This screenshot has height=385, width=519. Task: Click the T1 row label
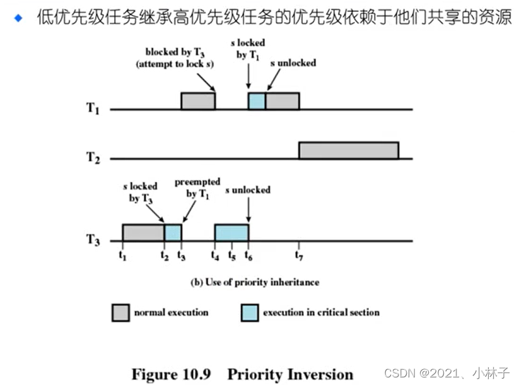(x=93, y=109)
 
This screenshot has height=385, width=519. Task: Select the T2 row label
(x=93, y=158)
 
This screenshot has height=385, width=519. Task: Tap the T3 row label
(x=93, y=240)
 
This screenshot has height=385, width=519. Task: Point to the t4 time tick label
(x=216, y=255)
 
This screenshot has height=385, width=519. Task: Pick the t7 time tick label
(x=299, y=255)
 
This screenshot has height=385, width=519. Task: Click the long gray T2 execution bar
(x=348, y=151)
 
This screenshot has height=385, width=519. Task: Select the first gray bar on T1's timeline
(x=198, y=101)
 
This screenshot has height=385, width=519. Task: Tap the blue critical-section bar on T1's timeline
(x=257, y=101)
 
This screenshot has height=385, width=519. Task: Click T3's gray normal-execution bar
(x=143, y=232)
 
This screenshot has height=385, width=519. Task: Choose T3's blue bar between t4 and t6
(x=231, y=232)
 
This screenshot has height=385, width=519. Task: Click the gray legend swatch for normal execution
(x=120, y=312)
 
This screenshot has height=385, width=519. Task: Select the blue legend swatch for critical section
(x=250, y=312)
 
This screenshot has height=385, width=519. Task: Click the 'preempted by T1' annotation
(x=197, y=188)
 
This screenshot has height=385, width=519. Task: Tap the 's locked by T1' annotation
(x=247, y=49)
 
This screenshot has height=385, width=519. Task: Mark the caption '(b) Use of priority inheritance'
(x=255, y=282)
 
